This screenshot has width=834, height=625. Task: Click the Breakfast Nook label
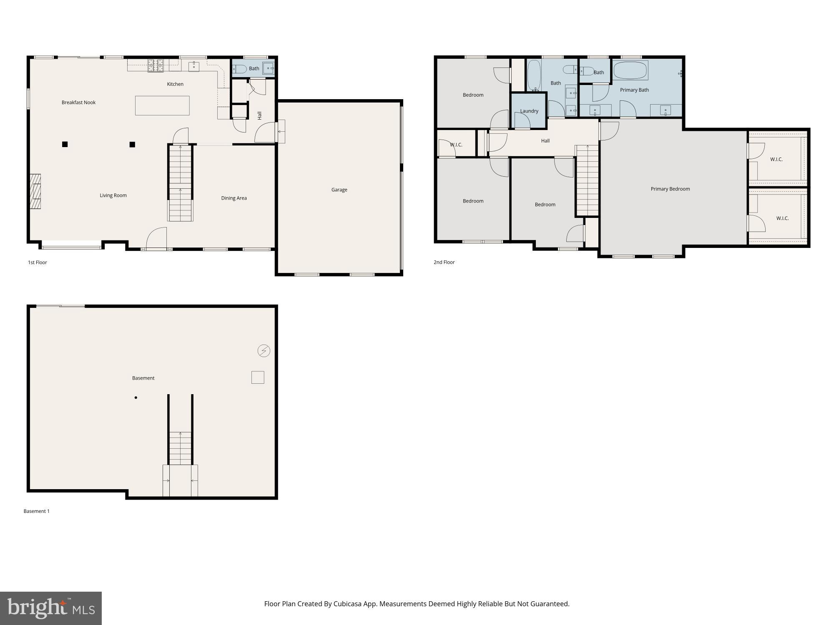point(78,102)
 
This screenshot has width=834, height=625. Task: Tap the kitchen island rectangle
point(162,105)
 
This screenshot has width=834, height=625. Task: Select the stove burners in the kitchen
point(156,65)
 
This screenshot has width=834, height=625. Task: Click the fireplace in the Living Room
point(35,191)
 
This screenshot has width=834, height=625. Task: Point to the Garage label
point(339,190)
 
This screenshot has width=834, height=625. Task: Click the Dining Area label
point(234,198)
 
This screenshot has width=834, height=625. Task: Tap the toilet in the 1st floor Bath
point(240,69)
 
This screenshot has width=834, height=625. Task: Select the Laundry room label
point(529,111)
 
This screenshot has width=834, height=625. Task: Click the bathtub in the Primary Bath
point(630,70)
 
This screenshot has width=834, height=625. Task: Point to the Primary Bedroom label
point(670,189)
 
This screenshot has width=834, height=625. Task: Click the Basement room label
point(143,378)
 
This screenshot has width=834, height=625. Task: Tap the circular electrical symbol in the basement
point(264,351)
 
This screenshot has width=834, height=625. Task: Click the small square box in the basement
point(258,377)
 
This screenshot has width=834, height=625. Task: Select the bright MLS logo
point(51,608)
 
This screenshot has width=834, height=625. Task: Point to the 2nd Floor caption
point(444,262)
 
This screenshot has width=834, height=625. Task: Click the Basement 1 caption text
point(36,511)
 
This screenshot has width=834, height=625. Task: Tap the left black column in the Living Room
point(65,145)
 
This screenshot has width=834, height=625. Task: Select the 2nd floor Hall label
point(545,141)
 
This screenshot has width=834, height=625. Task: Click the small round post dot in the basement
point(136,397)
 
